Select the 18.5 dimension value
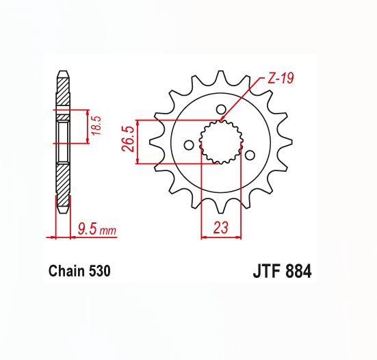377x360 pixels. point(96,127)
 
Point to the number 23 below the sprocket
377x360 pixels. point(220,228)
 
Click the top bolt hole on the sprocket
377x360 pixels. point(220,109)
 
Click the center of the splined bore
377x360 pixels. point(220,142)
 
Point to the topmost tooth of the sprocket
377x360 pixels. point(220,77)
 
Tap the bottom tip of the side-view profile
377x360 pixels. point(62,207)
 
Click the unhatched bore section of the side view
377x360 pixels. point(62,141)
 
